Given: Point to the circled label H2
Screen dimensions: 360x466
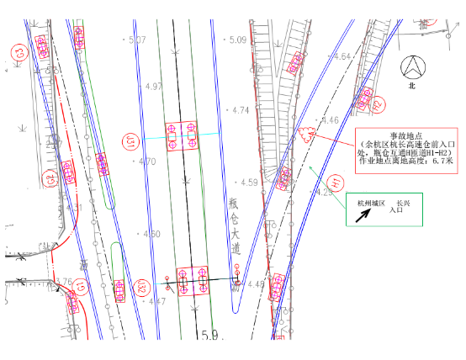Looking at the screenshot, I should coord(379,104).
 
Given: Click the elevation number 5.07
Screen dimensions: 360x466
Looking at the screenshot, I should coord(136,40).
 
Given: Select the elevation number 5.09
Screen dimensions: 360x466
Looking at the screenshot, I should coord(237,40).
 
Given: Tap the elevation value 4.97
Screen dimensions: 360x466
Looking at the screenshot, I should coord(154,87).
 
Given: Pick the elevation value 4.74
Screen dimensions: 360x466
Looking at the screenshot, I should coord(241,110).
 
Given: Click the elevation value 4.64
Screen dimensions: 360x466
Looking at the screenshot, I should coord(342,56).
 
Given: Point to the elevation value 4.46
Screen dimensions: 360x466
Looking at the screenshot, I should coord(330,120).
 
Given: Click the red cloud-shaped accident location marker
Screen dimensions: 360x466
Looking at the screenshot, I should coord(305,132).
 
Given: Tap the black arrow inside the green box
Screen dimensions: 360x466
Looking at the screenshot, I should coord(365,214).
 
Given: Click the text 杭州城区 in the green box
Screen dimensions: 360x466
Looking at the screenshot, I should coord(370,203).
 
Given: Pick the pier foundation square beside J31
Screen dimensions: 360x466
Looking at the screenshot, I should coord(183,136).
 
